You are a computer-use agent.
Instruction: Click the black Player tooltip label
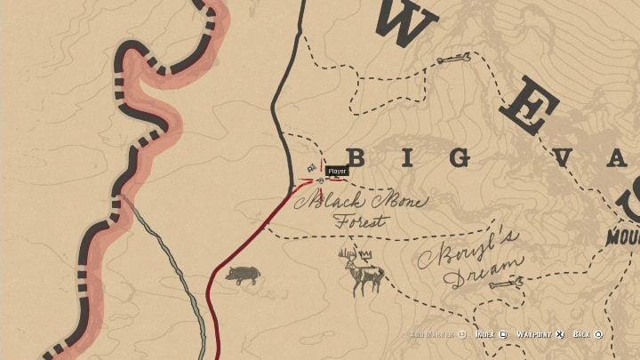point(337,171)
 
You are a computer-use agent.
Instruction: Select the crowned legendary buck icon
point(362,271)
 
